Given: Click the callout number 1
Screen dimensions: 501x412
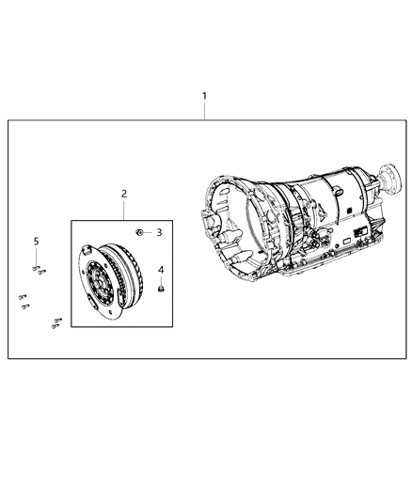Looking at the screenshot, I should click(x=206, y=96).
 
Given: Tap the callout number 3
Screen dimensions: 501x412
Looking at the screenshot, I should click(x=160, y=231).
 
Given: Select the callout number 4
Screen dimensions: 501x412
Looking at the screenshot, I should click(x=160, y=271).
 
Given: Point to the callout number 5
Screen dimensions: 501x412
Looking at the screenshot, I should click(x=37, y=242).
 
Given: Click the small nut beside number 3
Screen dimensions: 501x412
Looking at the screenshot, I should click(x=139, y=230).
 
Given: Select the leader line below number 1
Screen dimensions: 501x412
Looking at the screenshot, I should click(x=206, y=111).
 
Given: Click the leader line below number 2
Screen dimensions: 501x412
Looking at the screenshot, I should click(x=123, y=208).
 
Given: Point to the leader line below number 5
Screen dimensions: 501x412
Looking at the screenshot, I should click(x=37, y=256).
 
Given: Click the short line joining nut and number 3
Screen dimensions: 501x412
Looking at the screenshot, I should click(x=149, y=231).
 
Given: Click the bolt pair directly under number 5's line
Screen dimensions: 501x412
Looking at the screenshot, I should click(x=38, y=269).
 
